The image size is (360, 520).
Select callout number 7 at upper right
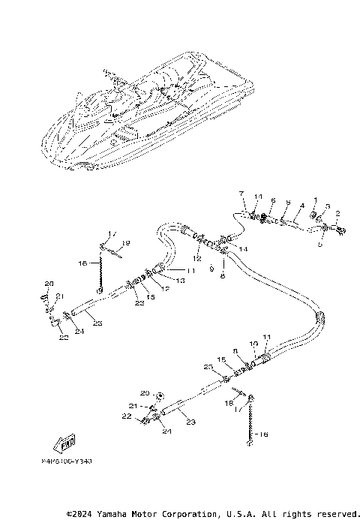point(241,194)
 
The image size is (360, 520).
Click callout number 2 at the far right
point(337,214)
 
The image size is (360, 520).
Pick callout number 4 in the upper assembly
point(302,205)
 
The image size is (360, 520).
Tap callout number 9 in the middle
point(212,267)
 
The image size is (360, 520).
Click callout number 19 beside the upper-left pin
point(127,243)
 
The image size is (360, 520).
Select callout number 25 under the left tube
point(97,323)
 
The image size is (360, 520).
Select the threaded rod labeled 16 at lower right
point(249,424)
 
